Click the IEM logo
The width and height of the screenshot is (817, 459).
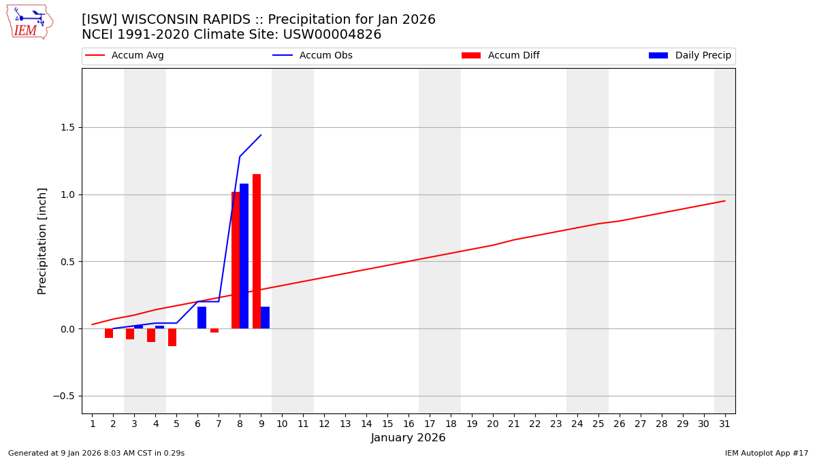29,22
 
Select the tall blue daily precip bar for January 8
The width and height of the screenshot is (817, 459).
244,256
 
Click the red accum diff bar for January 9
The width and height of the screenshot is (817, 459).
257,251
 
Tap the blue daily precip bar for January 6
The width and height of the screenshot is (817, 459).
202,318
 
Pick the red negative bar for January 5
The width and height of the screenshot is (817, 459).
172,337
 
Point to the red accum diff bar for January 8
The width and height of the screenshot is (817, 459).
236,260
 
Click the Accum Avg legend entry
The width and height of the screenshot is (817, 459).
125,56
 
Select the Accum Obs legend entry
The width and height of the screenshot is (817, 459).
313,56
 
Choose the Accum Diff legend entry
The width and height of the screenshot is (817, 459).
500,56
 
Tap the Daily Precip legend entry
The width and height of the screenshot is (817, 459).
690,56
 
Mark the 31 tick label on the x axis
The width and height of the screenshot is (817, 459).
724,424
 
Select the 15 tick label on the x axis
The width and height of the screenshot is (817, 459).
387,424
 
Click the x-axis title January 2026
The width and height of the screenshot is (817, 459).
408,439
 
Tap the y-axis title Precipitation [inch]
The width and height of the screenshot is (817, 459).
42,241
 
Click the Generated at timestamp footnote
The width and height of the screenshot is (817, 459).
96,454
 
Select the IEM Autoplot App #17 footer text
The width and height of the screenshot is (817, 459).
766,454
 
